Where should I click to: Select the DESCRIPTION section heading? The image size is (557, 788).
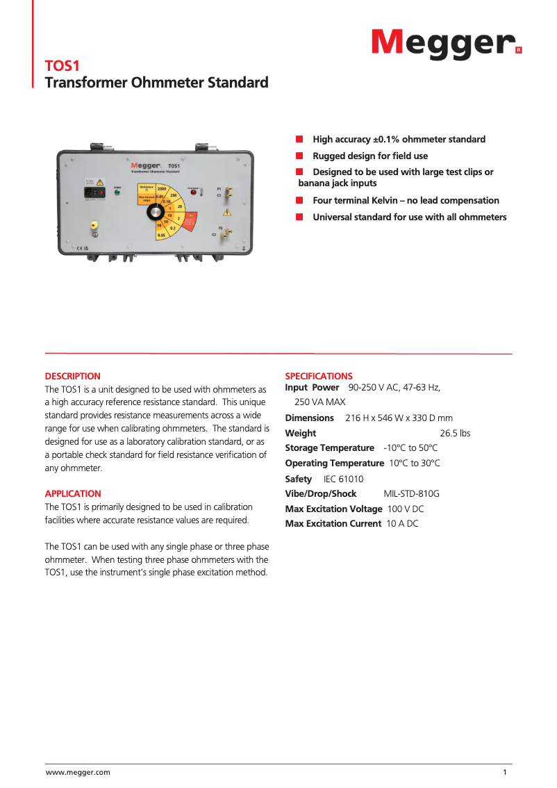[73, 376]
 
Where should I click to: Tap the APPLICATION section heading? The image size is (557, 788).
[73, 493]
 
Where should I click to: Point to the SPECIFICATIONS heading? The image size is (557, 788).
[319, 376]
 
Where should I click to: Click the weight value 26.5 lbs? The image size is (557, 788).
[455, 433]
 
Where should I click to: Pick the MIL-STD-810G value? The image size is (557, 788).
[411, 493]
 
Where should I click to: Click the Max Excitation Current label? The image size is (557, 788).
[333, 523]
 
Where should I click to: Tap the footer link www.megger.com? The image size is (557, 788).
[78, 772]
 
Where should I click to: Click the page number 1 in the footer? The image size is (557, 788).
[505, 772]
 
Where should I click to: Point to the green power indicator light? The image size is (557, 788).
[117, 193]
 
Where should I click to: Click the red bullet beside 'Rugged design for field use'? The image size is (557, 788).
[299, 156]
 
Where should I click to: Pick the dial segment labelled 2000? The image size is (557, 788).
[161, 189]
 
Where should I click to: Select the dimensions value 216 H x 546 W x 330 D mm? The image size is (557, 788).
[399, 418]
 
